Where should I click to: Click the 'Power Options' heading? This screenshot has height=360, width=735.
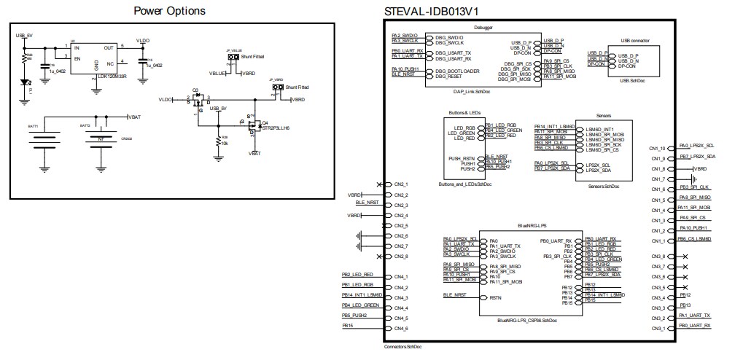(x=170, y=11)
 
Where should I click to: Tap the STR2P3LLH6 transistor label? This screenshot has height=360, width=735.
(x=276, y=128)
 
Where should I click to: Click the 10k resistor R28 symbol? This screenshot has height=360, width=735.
(x=218, y=141)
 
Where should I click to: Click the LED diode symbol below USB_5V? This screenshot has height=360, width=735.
(x=28, y=82)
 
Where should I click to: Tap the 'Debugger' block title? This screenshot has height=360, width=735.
(x=483, y=28)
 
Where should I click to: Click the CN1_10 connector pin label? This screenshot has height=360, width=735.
(x=657, y=149)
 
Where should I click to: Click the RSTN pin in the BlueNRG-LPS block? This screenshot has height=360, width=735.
(x=495, y=297)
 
